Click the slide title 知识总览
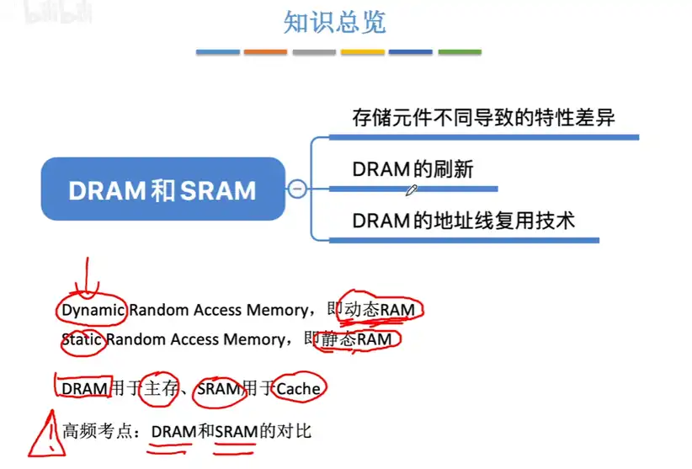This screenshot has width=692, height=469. pyautogui.click(x=334, y=23)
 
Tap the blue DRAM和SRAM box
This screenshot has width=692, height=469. pyautogui.click(x=162, y=189)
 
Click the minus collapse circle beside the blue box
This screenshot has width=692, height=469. pyautogui.click(x=296, y=189)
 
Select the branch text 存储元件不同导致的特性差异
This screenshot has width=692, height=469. pyautogui.click(x=483, y=118)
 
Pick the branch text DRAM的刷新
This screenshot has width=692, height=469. pyautogui.click(x=413, y=169)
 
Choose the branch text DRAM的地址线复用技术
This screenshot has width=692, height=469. pyautogui.click(x=463, y=221)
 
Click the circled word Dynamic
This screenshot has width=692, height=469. pyautogui.click(x=93, y=310)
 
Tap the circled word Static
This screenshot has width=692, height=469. pyautogui.click(x=83, y=340)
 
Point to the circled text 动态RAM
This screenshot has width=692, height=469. pyautogui.click(x=380, y=311)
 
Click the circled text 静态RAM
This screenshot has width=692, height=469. pyautogui.click(x=356, y=340)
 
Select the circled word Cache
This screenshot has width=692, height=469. pyautogui.click(x=298, y=388)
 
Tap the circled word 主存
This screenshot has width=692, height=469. pyautogui.click(x=162, y=388)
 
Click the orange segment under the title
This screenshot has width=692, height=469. pyautogui.click(x=265, y=52)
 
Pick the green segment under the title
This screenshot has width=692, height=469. pyautogui.click(x=460, y=52)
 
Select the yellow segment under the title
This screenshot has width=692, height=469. pyautogui.click(x=362, y=52)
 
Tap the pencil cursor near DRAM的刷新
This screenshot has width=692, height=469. pyautogui.click(x=411, y=191)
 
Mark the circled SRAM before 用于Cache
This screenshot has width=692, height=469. pyautogui.click(x=218, y=388)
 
